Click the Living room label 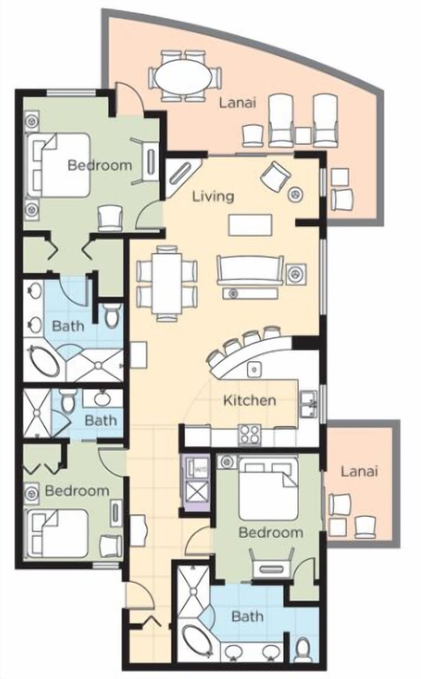[x=213, y=196]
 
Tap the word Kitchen [x=250, y=400]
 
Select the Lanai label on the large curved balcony [x=237, y=103]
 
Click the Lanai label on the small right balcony [x=359, y=471]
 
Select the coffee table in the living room [x=250, y=225]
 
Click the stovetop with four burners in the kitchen [x=249, y=435]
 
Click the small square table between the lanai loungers [x=303, y=135]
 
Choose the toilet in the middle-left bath [x=67, y=401]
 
